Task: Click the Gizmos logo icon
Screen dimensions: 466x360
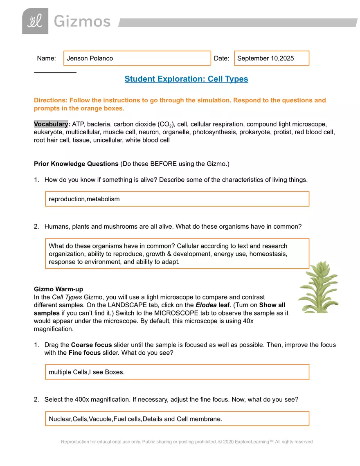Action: pyautogui.click(x=35, y=21)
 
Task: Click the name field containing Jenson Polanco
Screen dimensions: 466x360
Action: pyautogui.click(x=137, y=59)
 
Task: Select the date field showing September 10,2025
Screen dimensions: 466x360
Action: pyautogui.click(x=271, y=59)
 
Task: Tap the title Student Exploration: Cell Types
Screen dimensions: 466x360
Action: pyautogui.click(x=186, y=79)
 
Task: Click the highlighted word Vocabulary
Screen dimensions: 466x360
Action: pyautogui.click(x=50, y=124)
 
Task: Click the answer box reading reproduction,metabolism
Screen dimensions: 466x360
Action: pyautogui.click(x=177, y=199)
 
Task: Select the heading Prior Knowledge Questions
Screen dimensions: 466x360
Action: pyautogui.click(x=76, y=164)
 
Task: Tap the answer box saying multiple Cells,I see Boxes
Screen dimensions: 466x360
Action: pyautogui.click(x=177, y=372)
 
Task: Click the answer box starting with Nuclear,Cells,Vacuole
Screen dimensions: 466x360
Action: pyautogui.click(x=177, y=419)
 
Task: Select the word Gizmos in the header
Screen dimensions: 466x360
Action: pyautogui.click(x=82, y=22)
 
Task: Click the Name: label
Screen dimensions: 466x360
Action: pyautogui.click(x=46, y=59)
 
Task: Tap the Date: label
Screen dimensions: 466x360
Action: pyautogui.click(x=221, y=59)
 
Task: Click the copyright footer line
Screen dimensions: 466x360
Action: pyautogui.click(x=187, y=442)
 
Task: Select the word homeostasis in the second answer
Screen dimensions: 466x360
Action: pyautogui.click(x=268, y=254)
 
